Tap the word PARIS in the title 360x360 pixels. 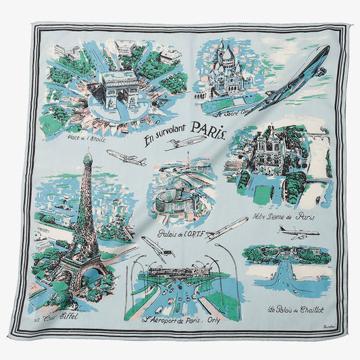(x=207, y=128)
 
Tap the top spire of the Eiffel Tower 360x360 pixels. (x=87, y=156)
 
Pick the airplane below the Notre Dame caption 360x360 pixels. (x=297, y=233)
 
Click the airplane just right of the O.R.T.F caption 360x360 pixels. (x=227, y=228)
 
